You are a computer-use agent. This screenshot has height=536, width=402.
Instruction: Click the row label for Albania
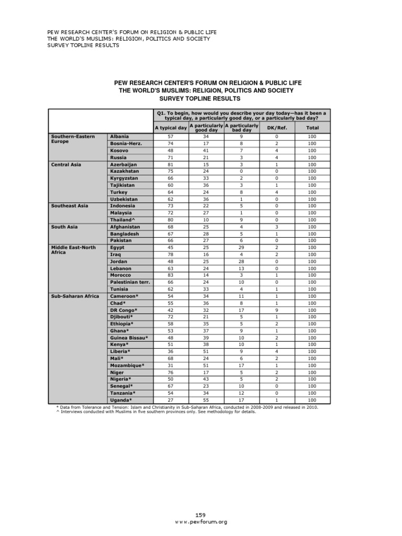[x=119, y=137]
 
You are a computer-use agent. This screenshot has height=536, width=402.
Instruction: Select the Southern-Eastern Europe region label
[x=73, y=139]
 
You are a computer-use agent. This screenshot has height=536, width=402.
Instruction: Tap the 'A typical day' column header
[x=171, y=128]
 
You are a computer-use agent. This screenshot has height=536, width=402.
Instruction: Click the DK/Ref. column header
[x=276, y=128]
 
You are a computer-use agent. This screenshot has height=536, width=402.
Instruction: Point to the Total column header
[x=312, y=128]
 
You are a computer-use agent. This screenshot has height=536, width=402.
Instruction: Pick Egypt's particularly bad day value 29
[x=241, y=248]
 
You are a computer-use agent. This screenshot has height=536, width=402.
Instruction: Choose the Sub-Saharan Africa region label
[x=75, y=296]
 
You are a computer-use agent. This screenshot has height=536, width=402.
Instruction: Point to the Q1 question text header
[x=241, y=115]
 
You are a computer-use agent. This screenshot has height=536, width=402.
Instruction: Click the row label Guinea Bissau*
[x=129, y=338]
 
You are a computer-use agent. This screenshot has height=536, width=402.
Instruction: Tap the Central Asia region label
[x=65, y=164]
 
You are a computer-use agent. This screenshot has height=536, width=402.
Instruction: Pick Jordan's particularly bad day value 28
[x=241, y=261]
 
